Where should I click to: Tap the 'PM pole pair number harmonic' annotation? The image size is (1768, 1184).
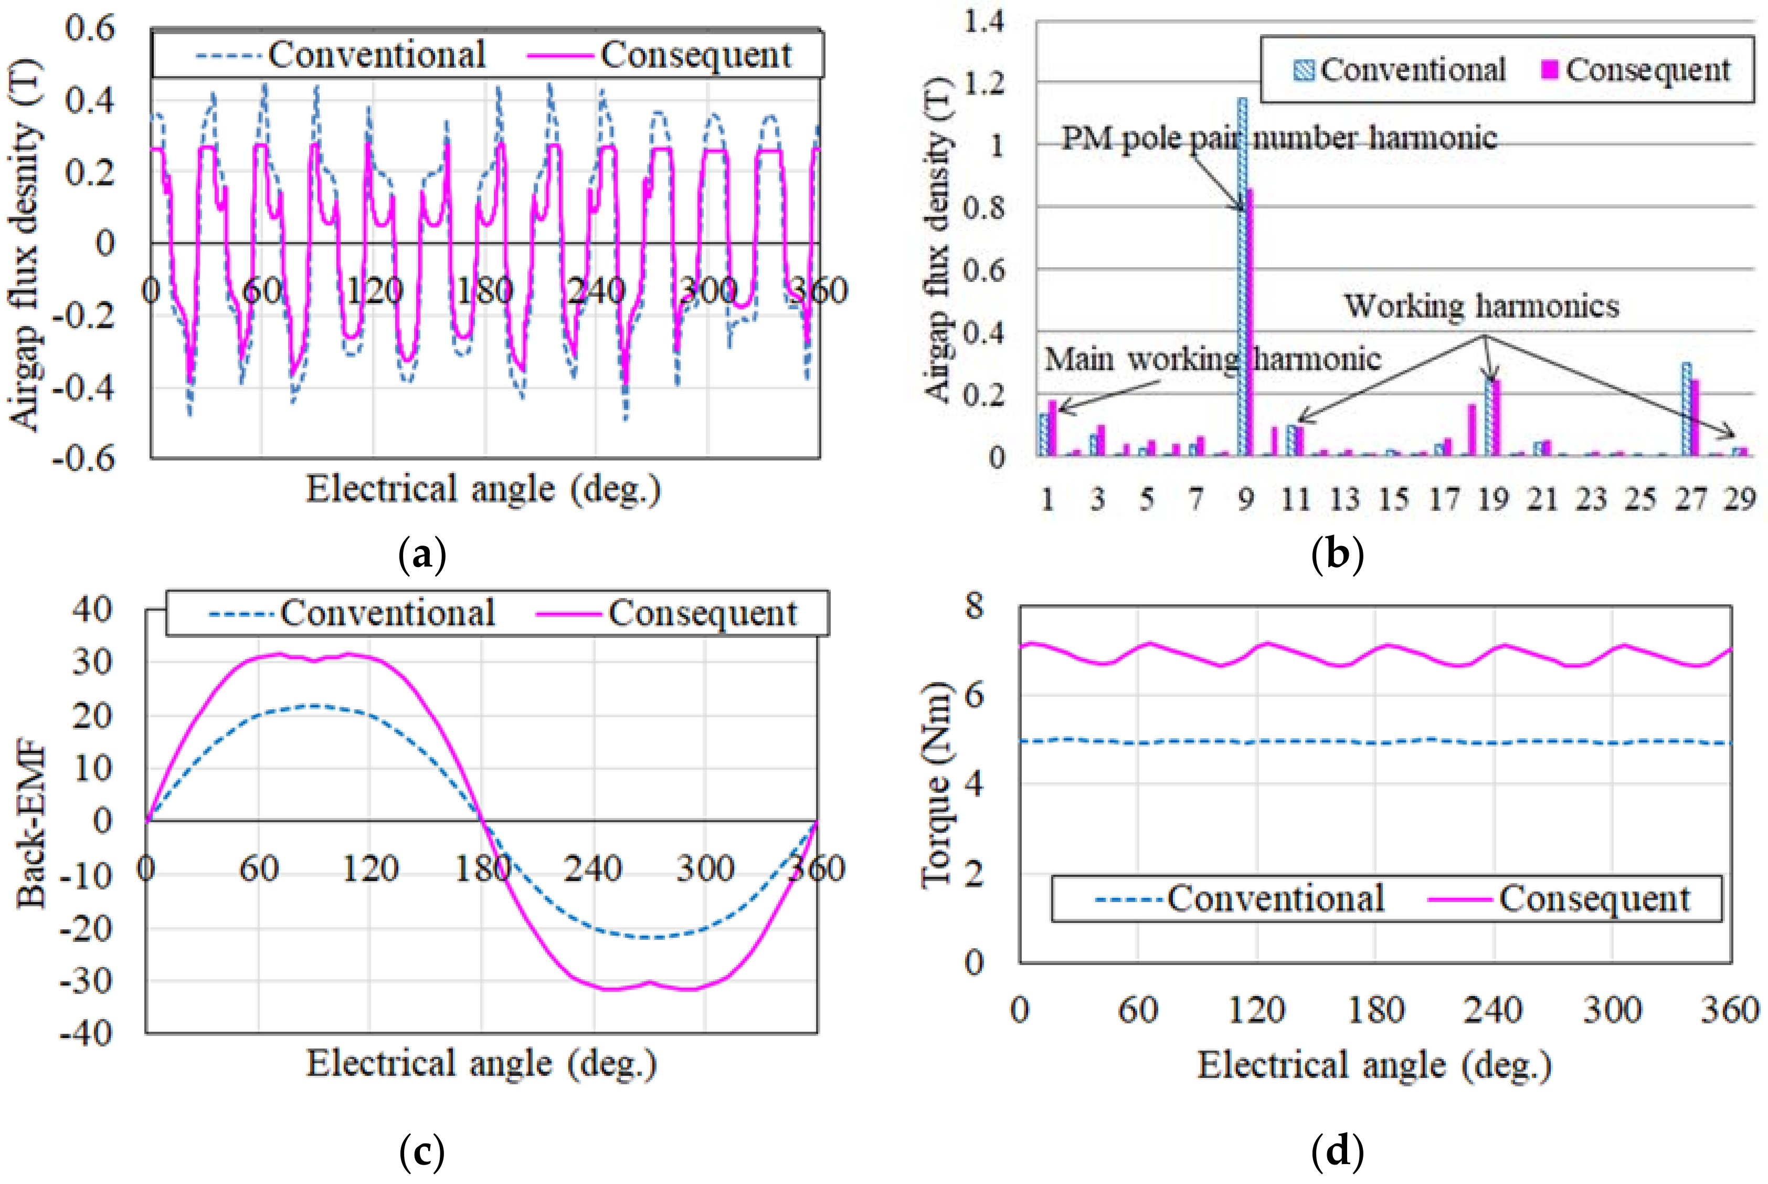[x=1279, y=138]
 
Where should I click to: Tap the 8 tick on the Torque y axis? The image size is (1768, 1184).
[x=974, y=605]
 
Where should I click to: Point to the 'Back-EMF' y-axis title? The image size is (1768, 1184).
[x=31, y=827]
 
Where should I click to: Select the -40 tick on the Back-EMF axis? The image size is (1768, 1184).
[x=86, y=1032]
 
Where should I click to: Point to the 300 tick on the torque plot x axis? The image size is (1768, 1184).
[x=1613, y=1010]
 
